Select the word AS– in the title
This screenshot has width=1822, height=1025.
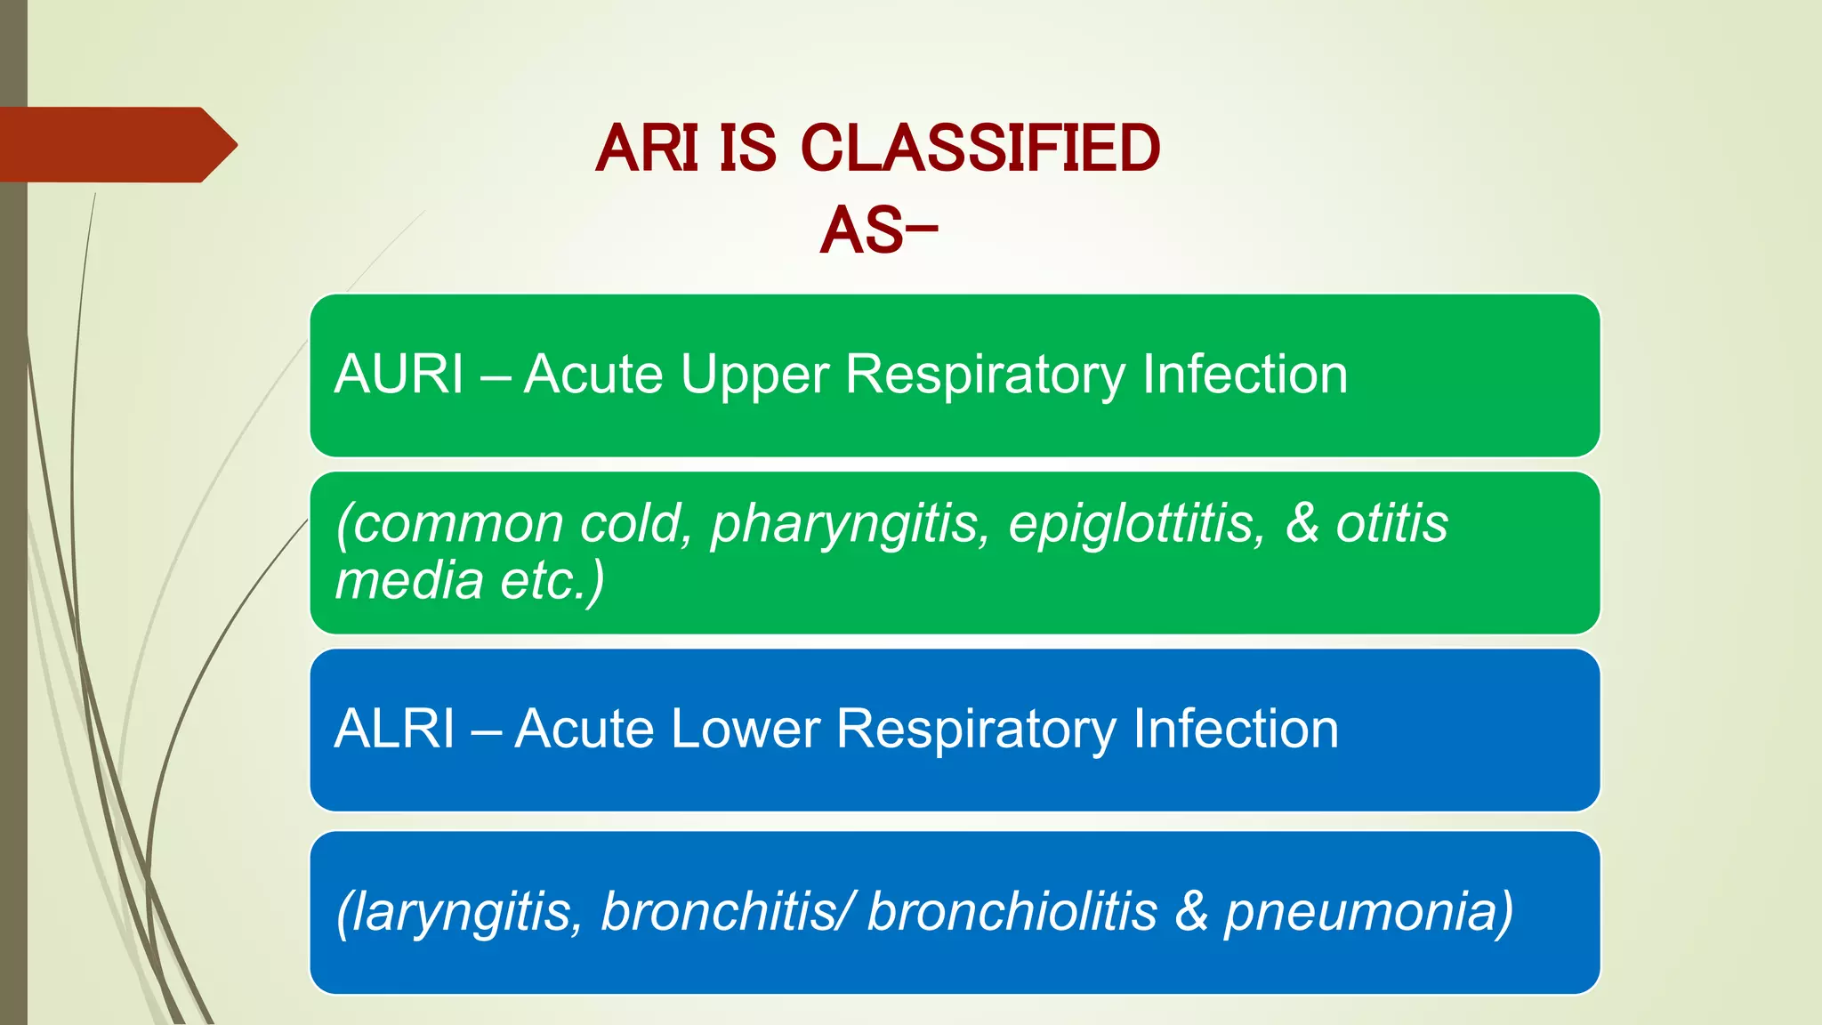[878, 230]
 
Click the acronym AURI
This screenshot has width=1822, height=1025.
[399, 374]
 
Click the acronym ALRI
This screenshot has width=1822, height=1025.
[395, 729]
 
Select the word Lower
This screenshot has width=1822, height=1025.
[745, 729]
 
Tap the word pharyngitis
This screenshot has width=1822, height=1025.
[850, 523]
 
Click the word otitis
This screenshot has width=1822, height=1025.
[1391, 522]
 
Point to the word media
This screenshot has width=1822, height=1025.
[408, 580]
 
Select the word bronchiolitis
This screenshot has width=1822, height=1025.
[1012, 911]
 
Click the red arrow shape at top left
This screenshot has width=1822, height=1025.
[116, 144]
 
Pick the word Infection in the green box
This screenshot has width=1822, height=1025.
[1245, 374]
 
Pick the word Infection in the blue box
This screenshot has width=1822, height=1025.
[1236, 729]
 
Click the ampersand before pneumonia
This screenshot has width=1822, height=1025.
[1191, 911]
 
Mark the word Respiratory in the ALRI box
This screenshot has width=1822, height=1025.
[976, 730]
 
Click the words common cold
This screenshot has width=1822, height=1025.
[515, 523]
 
